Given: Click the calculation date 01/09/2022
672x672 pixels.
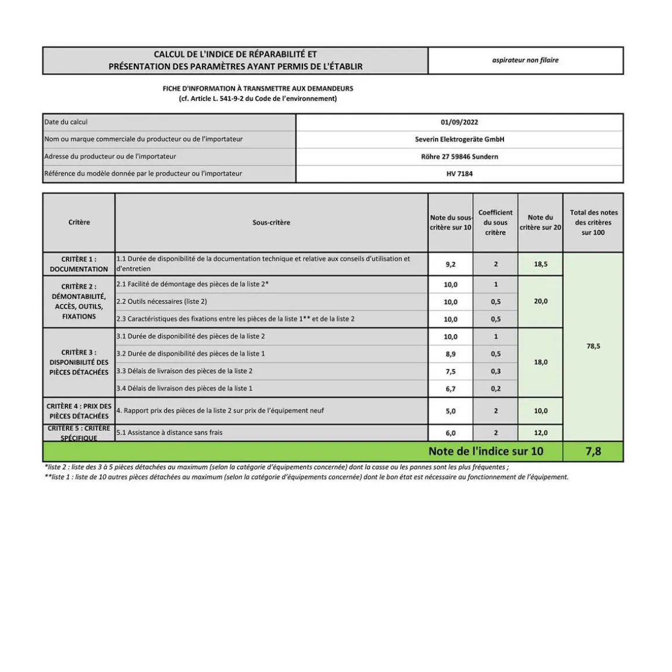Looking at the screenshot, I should click(x=459, y=122).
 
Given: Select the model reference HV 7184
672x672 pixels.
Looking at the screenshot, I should click(x=459, y=174).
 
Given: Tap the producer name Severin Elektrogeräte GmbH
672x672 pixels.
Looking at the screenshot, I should click(x=459, y=139).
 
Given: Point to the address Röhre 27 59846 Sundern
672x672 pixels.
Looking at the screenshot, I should click(x=459, y=156).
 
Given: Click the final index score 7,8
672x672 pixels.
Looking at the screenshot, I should click(x=593, y=451).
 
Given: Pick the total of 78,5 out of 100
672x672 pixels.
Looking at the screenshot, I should click(x=593, y=346).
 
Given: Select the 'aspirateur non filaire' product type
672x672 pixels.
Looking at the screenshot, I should click(x=525, y=60).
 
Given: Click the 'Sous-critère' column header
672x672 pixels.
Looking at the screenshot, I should click(x=271, y=222).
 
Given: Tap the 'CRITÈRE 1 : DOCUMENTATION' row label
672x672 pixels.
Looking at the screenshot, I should click(x=79, y=264).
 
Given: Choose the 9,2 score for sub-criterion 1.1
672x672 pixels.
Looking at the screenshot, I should click(x=450, y=264).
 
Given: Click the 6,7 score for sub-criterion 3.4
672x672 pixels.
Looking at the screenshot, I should click(x=450, y=389).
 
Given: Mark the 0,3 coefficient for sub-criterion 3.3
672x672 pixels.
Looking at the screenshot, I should click(x=495, y=371).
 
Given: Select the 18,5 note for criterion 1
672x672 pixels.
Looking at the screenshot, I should click(x=540, y=264).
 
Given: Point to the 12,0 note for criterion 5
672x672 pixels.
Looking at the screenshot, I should click(x=540, y=433).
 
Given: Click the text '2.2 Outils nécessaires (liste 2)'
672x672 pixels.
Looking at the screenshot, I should click(x=162, y=302).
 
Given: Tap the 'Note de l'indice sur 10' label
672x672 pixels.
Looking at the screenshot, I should click(x=485, y=451).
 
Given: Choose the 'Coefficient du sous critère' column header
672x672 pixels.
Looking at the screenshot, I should click(x=495, y=222).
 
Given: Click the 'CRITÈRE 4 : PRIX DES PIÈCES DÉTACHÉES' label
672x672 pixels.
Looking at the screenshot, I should click(x=79, y=411).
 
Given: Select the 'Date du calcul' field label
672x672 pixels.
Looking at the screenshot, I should click(x=66, y=122).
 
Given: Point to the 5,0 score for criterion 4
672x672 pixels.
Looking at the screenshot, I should click(x=450, y=411).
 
